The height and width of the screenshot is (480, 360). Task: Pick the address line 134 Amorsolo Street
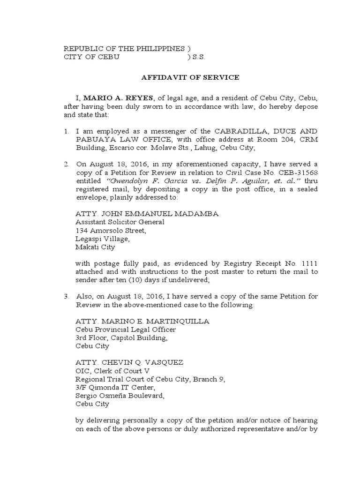pyautogui.click(x=111, y=231)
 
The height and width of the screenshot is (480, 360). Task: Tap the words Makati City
pyautogui.click(x=95, y=247)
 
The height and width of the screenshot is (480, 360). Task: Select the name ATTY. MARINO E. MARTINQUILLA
pyautogui.click(x=142, y=321)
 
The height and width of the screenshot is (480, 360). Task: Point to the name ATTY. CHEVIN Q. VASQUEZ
pyautogui.click(x=129, y=362)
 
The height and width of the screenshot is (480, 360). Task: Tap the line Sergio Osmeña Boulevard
pyautogui.click(x=122, y=396)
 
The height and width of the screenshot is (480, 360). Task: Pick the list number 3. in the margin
pyautogui.click(x=67, y=296)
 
